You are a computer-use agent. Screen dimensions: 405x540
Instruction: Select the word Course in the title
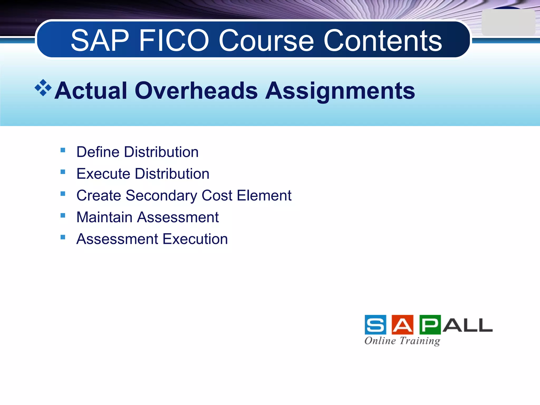coord(266,41)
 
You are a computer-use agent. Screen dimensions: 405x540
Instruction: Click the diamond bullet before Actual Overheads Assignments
coord(43,88)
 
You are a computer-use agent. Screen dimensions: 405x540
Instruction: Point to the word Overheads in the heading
coord(196,91)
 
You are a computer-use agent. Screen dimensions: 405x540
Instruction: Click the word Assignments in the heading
coord(340,91)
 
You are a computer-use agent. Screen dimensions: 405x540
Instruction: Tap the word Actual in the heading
coord(91,91)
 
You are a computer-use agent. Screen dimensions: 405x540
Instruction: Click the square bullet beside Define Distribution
coord(63,150)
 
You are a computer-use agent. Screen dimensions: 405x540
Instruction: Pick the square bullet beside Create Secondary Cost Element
coord(63,194)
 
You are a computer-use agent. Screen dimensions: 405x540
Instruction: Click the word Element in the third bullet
coord(264,196)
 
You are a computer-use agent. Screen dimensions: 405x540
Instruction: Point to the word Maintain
coord(104,217)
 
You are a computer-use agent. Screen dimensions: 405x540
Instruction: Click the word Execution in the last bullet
coord(195,239)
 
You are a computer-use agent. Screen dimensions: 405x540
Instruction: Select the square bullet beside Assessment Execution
coord(63,237)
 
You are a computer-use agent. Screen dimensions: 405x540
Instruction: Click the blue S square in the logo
coord(375,325)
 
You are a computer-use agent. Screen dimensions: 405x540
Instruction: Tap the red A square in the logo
coord(403,325)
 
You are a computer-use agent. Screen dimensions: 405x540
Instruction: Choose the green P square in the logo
coord(430,325)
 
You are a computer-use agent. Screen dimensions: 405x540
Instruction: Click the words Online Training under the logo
coord(402,341)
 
